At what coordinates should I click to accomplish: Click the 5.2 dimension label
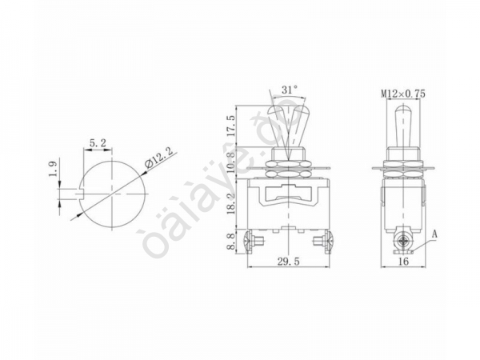(99, 143)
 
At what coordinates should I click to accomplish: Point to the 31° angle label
(290, 89)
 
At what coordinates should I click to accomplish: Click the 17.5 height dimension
(231, 126)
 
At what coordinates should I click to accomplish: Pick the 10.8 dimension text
(231, 162)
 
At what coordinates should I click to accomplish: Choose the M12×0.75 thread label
(402, 94)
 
